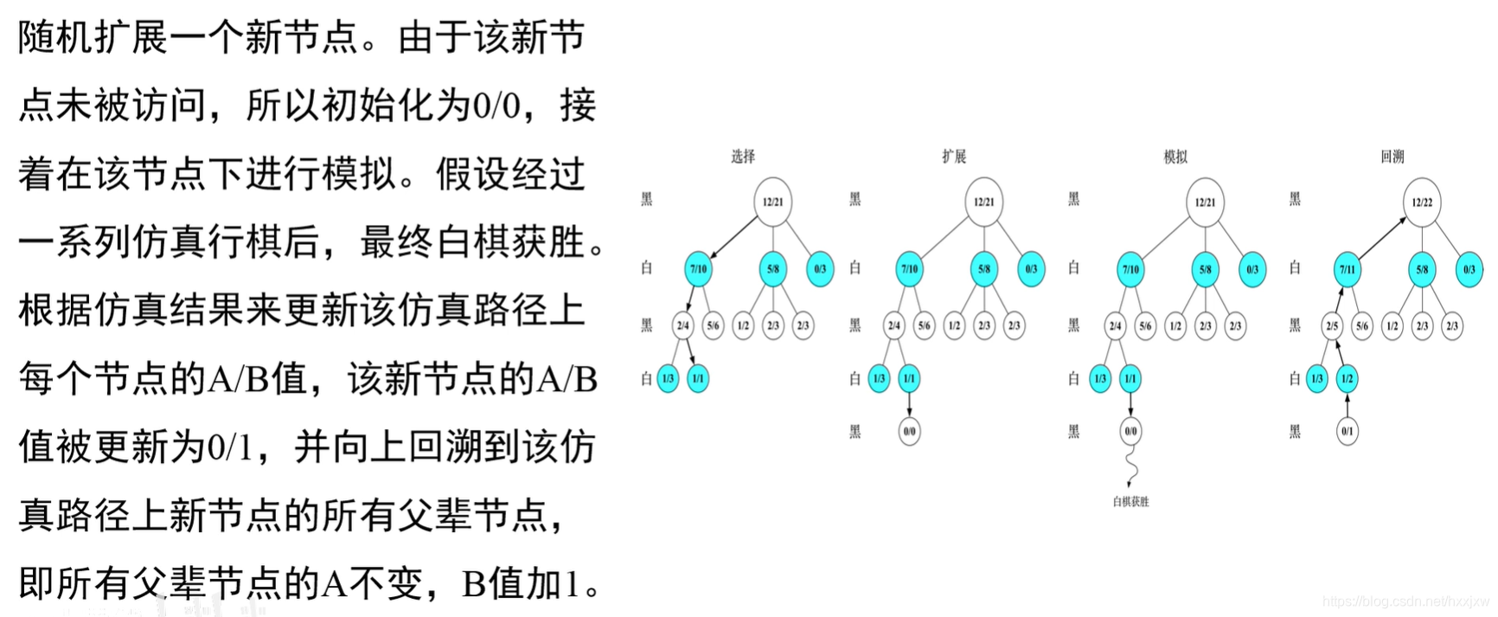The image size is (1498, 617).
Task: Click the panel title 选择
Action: (742, 157)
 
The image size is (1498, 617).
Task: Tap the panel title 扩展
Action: (954, 157)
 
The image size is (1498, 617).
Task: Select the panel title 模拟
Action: (1175, 157)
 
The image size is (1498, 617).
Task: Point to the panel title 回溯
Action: (1392, 157)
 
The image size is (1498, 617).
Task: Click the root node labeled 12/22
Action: (1422, 202)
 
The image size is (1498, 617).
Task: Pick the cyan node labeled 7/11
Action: (1348, 269)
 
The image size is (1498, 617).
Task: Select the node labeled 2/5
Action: (1332, 326)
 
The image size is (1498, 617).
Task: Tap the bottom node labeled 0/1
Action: (1348, 431)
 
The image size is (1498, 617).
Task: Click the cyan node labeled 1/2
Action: (1348, 379)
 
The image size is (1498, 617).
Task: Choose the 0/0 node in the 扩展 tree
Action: (909, 431)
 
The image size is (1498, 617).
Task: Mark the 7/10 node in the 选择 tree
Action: (698, 269)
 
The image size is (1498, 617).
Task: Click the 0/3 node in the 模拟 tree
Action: (1252, 269)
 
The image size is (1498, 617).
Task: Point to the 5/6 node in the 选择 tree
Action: (714, 326)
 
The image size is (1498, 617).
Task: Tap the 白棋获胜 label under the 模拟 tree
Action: (1130, 502)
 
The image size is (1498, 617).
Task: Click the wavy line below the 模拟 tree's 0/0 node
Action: (1131, 467)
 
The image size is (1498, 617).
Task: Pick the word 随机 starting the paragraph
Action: (55, 39)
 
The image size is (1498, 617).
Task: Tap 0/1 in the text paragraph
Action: (230, 447)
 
